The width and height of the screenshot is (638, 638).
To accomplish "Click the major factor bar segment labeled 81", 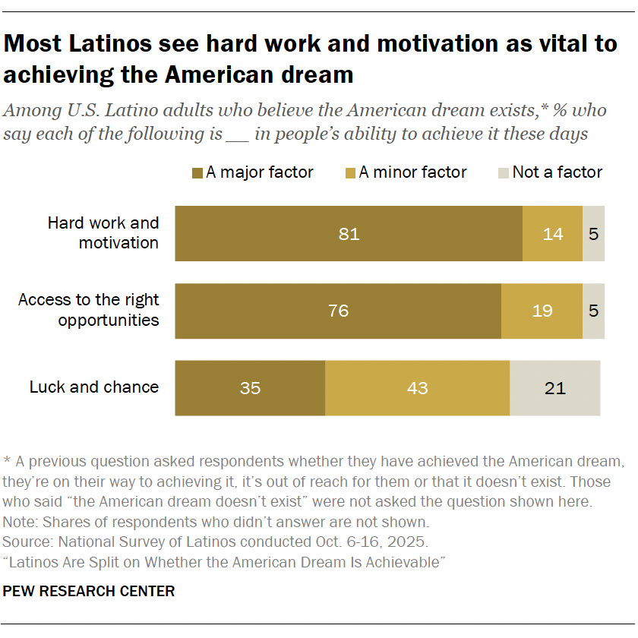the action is point(349,234).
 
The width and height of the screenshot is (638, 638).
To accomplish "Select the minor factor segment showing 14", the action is point(553,234).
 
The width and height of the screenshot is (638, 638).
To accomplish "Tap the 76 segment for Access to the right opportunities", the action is point(338,311).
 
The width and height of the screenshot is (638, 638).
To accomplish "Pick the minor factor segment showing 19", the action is point(542,311).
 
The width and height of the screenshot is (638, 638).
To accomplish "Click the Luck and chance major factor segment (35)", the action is point(250,388).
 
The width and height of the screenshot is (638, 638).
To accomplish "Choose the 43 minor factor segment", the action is point(418,388).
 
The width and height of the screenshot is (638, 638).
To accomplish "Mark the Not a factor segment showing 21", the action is point(555,388).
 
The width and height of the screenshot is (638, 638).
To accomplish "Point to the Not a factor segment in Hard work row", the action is point(594,234).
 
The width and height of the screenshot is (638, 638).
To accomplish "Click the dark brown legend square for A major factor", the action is point(197,173).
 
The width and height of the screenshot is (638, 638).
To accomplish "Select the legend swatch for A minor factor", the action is point(350,173).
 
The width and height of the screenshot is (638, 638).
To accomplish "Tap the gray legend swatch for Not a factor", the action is point(504,173).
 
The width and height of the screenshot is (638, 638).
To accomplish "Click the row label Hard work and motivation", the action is point(103,232).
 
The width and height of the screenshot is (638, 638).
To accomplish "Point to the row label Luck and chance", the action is point(94,387).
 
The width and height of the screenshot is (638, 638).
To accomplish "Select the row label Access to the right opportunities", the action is point(89,310).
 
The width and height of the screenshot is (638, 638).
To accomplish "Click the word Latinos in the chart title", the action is point(110,43).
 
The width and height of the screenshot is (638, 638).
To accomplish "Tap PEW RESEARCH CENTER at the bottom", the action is point(89,591).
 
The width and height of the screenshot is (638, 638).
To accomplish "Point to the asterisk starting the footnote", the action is point(7,460).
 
